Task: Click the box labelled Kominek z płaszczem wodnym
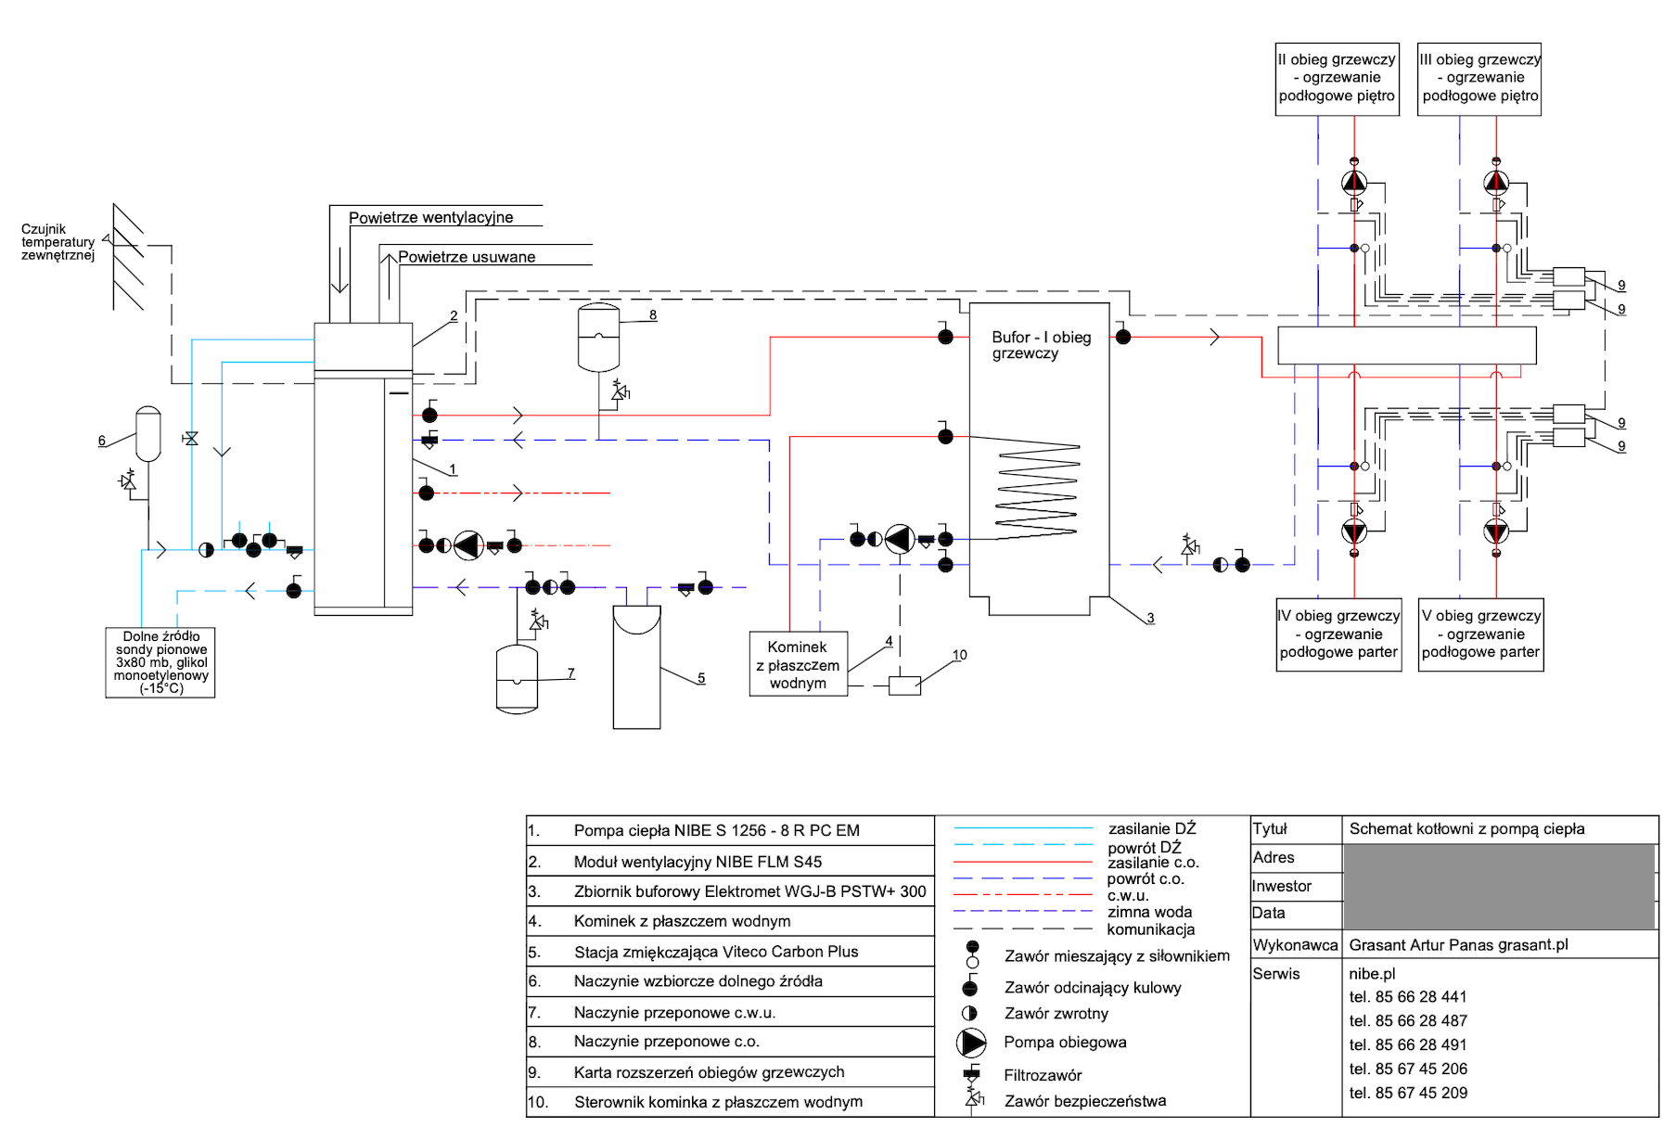(x=798, y=664)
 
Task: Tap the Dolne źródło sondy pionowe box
(x=160, y=662)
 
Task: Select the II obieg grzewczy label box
(x=1337, y=78)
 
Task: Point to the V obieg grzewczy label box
(x=1480, y=634)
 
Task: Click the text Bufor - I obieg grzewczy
(x=1041, y=345)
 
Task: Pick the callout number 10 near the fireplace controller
(x=959, y=655)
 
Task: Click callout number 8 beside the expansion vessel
(x=653, y=315)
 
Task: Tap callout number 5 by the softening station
(x=701, y=678)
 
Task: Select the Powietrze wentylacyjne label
(x=430, y=218)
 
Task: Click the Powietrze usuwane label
(x=467, y=258)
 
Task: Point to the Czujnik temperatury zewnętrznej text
(x=58, y=242)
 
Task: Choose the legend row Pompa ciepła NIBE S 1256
(x=716, y=831)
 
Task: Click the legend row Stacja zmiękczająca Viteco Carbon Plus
(x=716, y=952)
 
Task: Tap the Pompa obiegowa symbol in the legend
(x=971, y=1043)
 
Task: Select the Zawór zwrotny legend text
(x=1056, y=1014)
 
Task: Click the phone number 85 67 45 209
(x=1408, y=1093)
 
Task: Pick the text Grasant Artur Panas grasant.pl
(x=1458, y=945)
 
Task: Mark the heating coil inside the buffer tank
(x=1038, y=492)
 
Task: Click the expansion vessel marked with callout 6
(x=148, y=433)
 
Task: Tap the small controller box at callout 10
(x=904, y=685)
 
